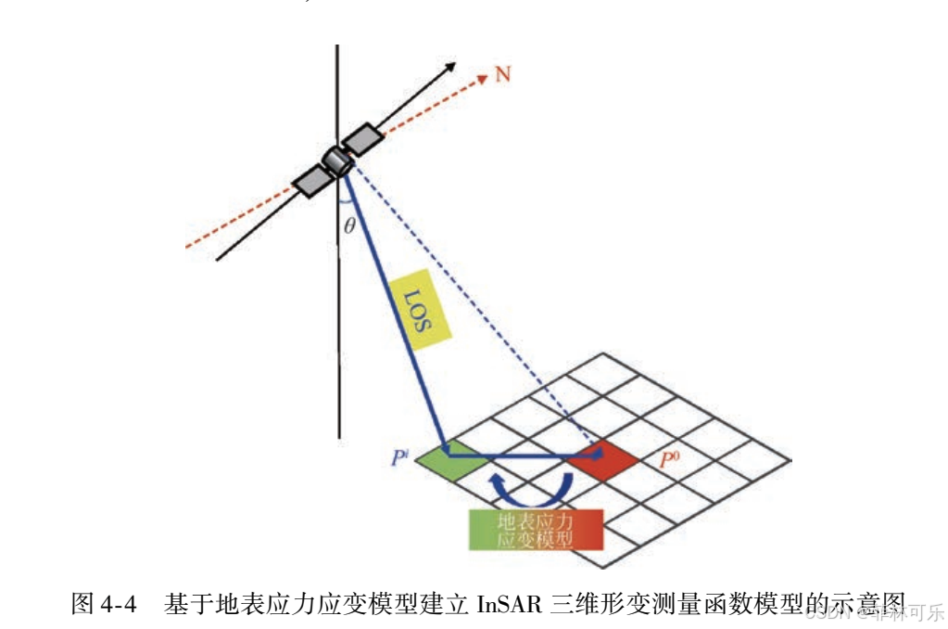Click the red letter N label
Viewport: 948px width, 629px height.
pyautogui.click(x=503, y=73)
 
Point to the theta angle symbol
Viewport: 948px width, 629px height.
pyautogui.click(x=349, y=225)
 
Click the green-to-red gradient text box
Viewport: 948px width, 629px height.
pyautogui.click(x=536, y=531)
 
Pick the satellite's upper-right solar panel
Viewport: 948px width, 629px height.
pyautogui.click(x=362, y=139)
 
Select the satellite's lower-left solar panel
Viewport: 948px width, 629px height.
pyautogui.click(x=310, y=181)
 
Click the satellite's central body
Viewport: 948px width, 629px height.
pyautogui.click(x=335, y=161)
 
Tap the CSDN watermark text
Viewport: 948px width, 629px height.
pyautogui.click(x=828, y=612)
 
